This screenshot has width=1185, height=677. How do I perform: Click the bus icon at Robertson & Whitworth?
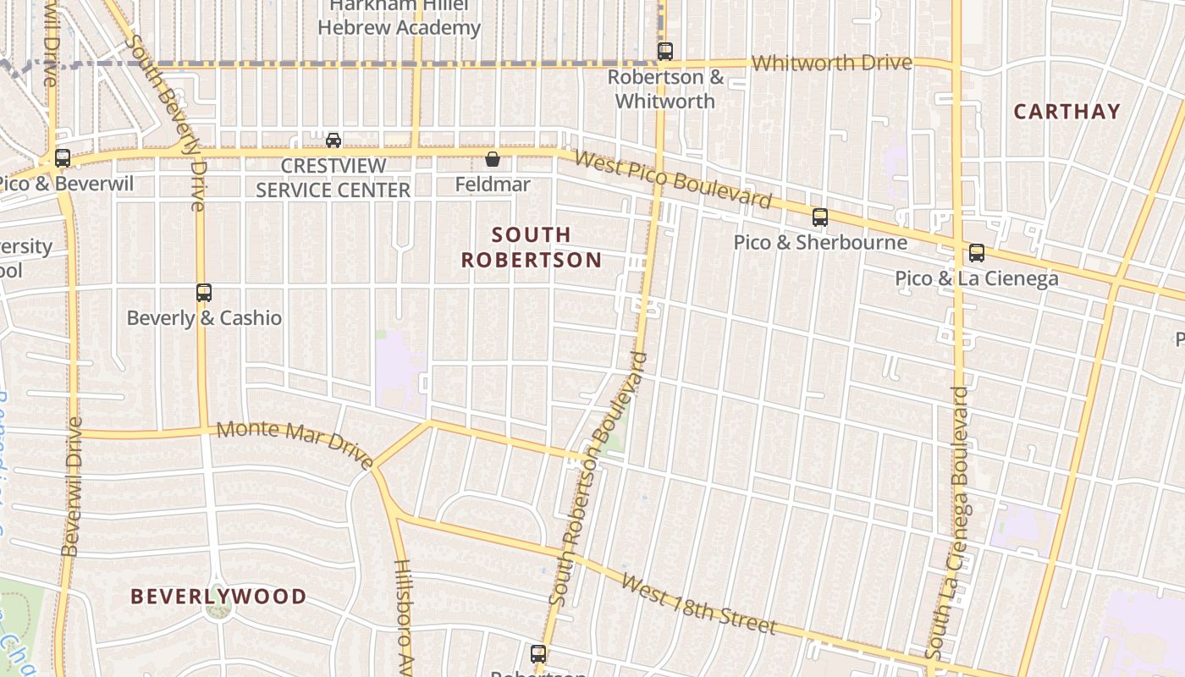coord(665,52)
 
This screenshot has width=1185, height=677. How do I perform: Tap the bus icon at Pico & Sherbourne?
coord(819,217)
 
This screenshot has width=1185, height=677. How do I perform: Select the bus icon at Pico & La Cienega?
coord(977,253)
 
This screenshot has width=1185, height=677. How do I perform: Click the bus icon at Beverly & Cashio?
coord(203,293)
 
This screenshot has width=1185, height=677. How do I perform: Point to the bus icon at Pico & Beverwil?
coord(62,158)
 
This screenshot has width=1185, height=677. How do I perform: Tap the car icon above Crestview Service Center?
coord(333,140)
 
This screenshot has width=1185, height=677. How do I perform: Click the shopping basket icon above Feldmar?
coord(493,158)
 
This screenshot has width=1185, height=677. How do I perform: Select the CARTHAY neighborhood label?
coord(1066,111)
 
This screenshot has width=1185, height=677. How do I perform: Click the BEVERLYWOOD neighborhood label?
coord(218,597)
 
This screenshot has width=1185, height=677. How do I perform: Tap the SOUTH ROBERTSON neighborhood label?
coord(532,247)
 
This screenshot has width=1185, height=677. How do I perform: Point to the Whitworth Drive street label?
coord(831,63)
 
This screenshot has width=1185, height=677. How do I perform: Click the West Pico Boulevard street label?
coord(673,179)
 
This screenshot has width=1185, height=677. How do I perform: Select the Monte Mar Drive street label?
coord(295,443)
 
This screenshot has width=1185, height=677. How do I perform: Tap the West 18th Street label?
coord(698,604)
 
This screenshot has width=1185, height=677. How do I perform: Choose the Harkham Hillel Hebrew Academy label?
coord(399,17)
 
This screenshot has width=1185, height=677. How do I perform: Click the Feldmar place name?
coord(493,184)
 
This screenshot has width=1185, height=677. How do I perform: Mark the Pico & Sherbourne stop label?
coord(819,243)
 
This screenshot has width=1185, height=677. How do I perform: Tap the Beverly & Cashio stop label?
coord(204,318)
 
